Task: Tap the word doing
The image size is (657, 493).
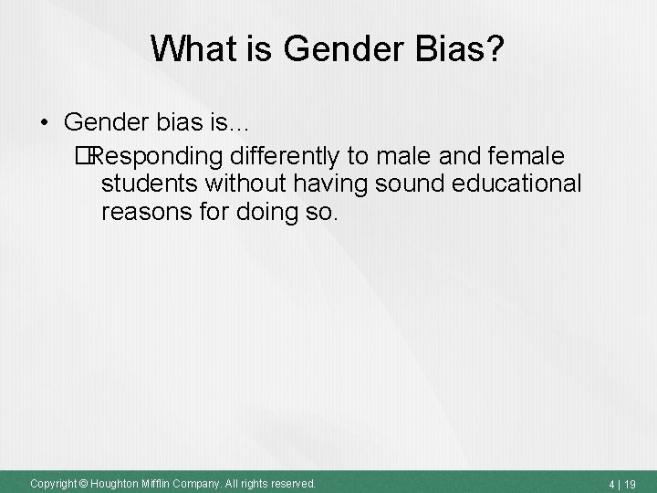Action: click(265, 215)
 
